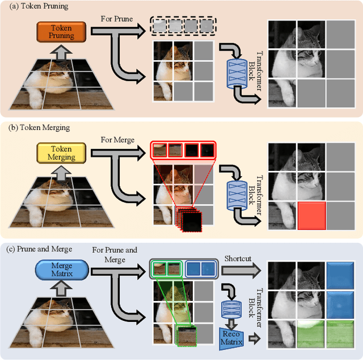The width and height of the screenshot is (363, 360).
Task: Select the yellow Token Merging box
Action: coord(61,153)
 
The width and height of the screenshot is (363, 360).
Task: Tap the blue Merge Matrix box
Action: coord(61,270)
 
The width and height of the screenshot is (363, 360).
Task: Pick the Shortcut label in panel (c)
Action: coord(237,259)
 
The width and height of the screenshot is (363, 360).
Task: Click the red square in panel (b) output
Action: coord(311,216)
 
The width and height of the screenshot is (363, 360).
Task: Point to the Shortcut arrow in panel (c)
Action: coord(238,269)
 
